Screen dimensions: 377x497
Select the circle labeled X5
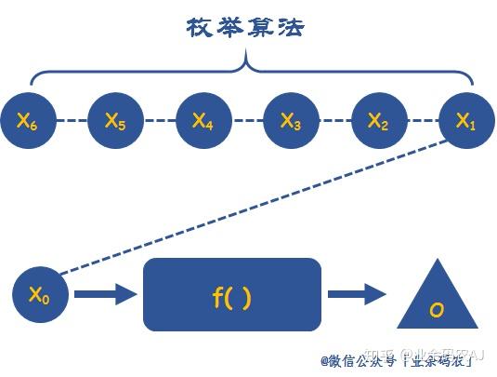pos(115,120)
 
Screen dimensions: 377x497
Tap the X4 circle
pos(203,120)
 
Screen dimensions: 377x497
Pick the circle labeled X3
pos(290,120)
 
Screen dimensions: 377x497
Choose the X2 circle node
pos(377,120)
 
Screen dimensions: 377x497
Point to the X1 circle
pos(464,120)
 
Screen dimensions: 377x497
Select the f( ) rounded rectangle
pos(232,295)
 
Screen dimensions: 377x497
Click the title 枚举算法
pos(245,28)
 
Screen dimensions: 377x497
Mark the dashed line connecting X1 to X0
pos(251,208)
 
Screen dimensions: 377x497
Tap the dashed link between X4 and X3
pos(246,120)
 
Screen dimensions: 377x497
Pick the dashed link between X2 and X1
pos(421,120)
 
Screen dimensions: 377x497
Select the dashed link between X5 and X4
pos(159,120)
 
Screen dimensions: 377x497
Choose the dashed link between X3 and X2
pos(334,120)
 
